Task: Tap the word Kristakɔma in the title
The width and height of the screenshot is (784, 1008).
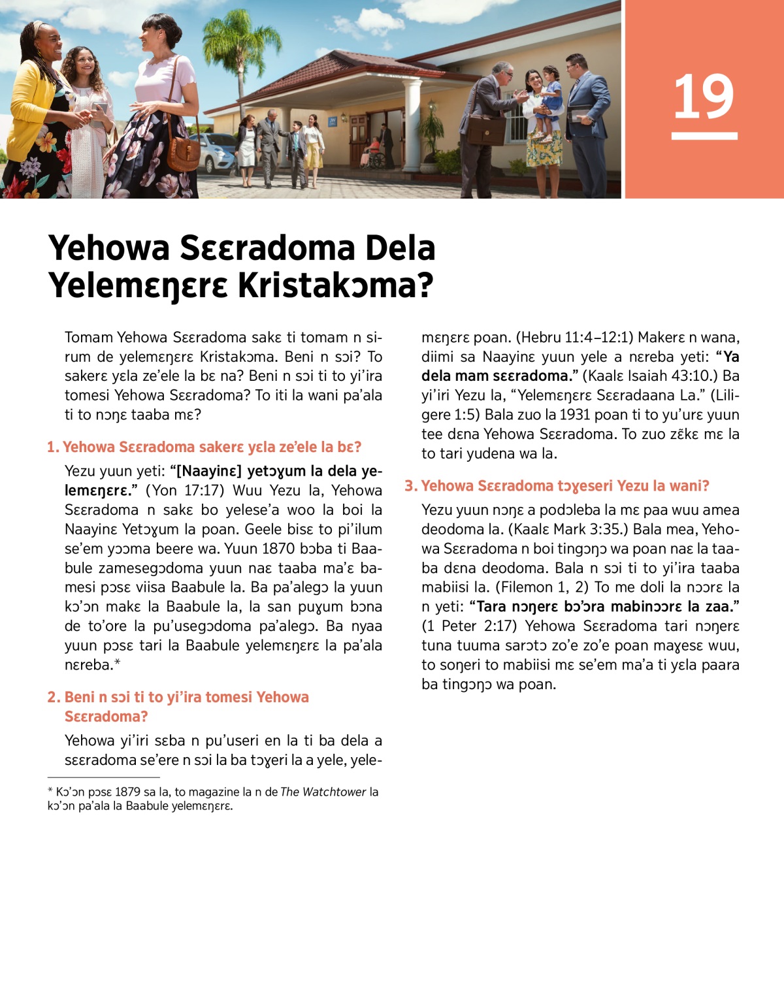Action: click(335, 285)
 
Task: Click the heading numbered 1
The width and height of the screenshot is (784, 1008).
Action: click(204, 447)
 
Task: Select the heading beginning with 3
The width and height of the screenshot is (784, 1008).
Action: click(557, 485)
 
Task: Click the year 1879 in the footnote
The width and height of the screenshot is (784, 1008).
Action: click(127, 792)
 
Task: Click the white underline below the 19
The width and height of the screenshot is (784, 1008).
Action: click(704, 136)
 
